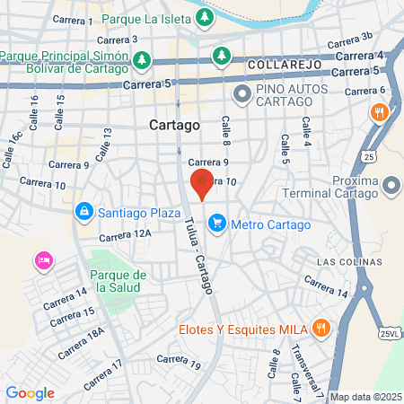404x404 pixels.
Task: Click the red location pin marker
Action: [x=202, y=183]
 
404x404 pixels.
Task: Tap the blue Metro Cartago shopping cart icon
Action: [x=216, y=224]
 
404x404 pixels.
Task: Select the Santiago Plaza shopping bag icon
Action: [x=83, y=211]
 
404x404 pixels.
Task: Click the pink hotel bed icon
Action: [x=42, y=260]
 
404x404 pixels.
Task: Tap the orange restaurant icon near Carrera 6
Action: [x=380, y=112]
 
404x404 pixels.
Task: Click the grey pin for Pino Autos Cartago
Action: [x=242, y=93]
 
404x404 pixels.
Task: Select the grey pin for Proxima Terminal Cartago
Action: [x=391, y=186]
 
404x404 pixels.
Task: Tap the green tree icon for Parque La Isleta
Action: [x=206, y=17]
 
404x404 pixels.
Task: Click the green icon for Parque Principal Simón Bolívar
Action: [x=141, y=59]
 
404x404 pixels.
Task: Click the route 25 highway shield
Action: [x=369, y=157]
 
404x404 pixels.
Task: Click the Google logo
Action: [x=30, y=392]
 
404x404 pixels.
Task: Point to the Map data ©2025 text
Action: [x=364, y=397]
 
